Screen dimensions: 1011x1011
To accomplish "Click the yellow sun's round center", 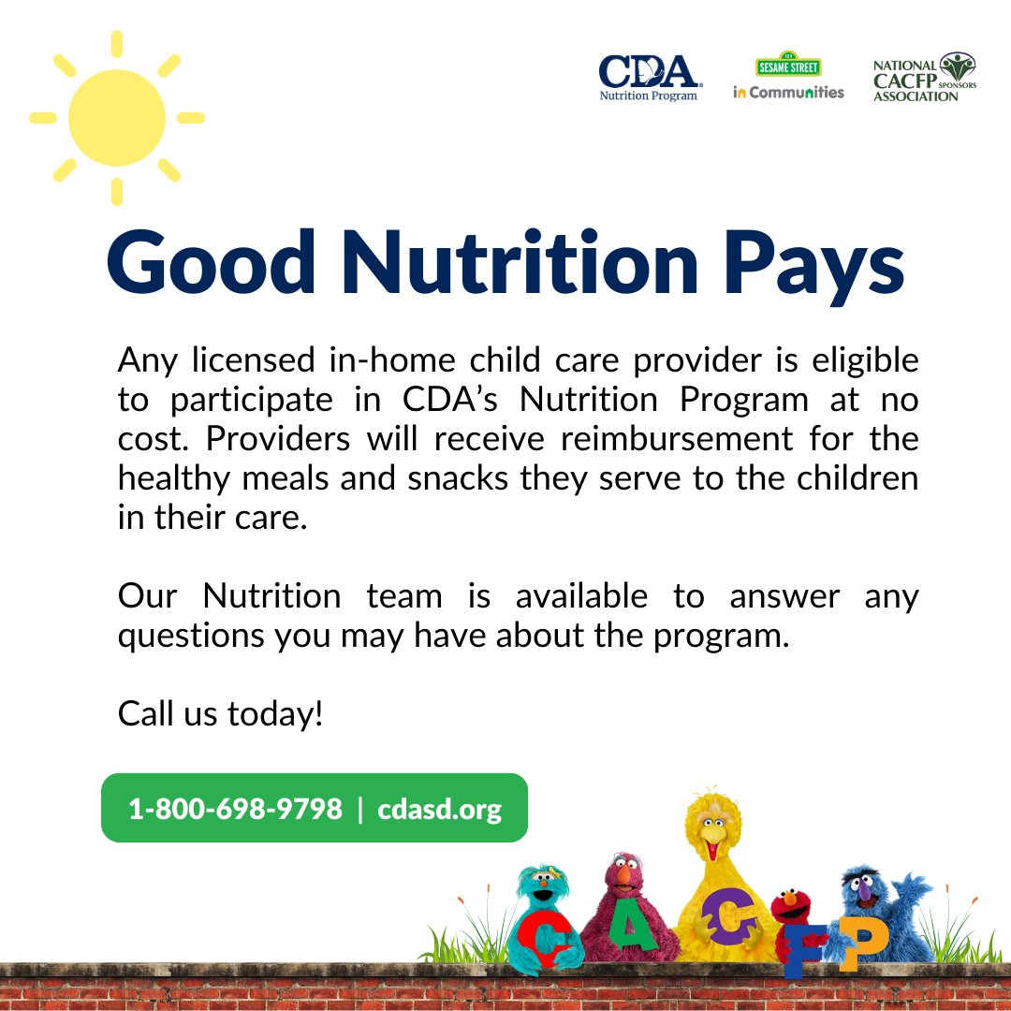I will (117, 118).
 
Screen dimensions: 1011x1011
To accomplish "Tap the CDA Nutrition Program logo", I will (649, 77).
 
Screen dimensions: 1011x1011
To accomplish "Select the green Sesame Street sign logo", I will (788, 66).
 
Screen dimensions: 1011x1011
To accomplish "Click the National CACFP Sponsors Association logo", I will (924, 77).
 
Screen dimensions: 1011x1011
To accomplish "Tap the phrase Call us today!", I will (221, 714).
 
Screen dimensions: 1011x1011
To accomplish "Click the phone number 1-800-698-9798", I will (235, 809).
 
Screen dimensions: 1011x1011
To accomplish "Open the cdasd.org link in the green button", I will (440, 809).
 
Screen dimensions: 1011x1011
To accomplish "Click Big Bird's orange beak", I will (713, 847).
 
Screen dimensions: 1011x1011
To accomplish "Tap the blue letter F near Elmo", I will (806, 950).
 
